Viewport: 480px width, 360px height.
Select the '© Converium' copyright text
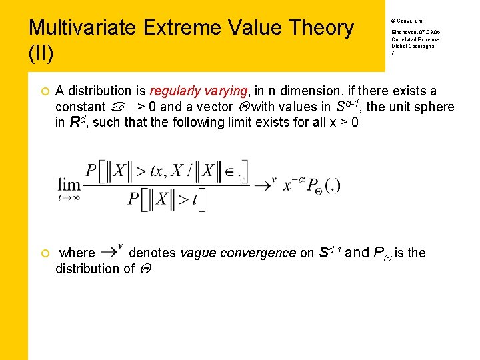click(406, 21)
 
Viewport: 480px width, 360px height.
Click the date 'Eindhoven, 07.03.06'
click(415, 32)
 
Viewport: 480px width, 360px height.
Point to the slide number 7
click(393, 53)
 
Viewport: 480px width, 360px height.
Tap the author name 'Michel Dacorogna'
click(412, 47)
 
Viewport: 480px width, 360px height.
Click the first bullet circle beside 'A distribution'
click(43, 91)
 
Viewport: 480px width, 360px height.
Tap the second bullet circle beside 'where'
click(43, 253)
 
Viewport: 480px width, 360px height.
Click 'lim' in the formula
click(69, 184)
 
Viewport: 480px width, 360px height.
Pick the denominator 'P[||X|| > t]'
click(167, 199)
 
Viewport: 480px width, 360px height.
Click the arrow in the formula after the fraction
click(265, 184)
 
